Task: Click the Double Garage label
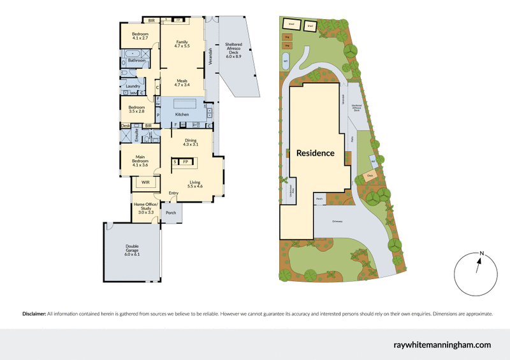pos(133,248)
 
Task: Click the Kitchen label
pos(182,115)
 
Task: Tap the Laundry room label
pos(133,86)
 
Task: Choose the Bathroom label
pos(137,61)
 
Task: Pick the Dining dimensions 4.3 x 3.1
pos(190,145)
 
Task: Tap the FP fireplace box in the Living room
pos(186,162)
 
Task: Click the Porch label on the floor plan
pos(170,213)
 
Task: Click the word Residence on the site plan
pos(315,153)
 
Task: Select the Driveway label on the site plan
pos(341,221)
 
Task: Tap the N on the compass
pos(483,254)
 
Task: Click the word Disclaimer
pos(34,314)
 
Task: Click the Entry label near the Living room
pos(173,193)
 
